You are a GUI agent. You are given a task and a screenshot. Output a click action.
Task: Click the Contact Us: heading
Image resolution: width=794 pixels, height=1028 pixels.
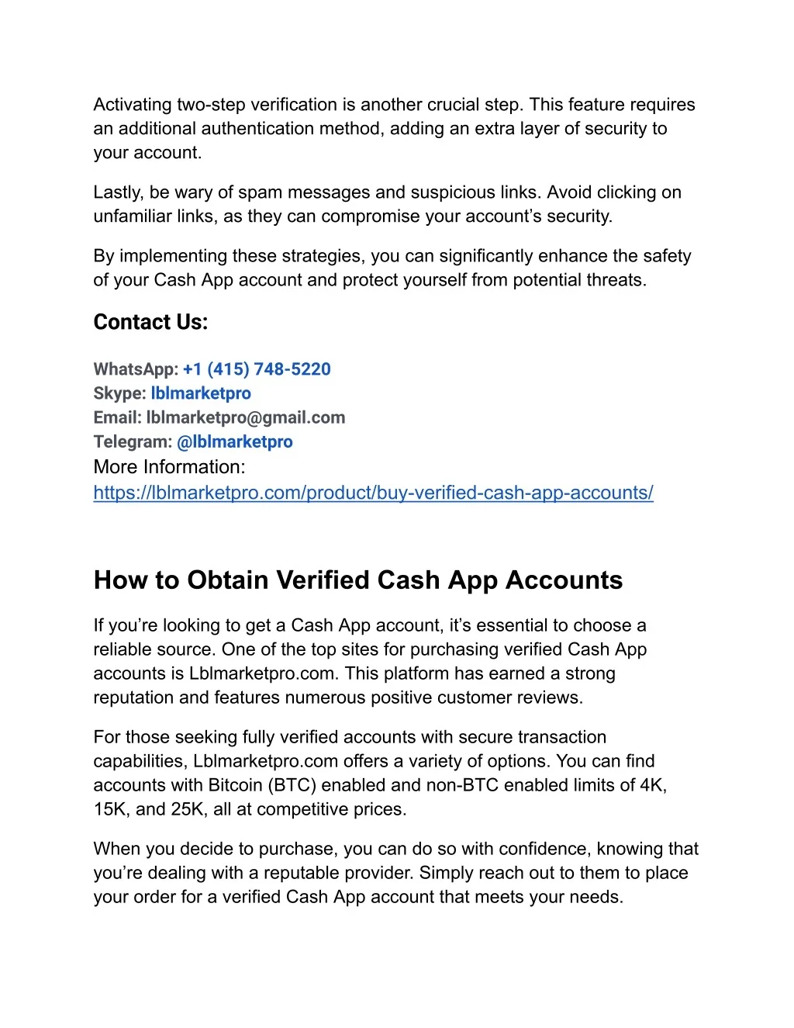(150, 322)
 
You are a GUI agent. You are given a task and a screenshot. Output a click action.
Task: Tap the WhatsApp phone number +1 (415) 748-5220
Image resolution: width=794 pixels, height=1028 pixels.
(257, 369)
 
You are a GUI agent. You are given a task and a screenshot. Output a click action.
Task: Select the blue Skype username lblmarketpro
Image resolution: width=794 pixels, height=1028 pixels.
(201, 393)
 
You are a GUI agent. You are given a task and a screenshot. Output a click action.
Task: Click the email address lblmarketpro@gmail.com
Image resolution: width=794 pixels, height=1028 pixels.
(246, 417)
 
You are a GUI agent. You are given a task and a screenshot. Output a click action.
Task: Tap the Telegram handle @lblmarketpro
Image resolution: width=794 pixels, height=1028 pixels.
(235, 441)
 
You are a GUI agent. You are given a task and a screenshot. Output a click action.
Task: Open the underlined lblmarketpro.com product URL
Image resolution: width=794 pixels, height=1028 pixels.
(373, 493)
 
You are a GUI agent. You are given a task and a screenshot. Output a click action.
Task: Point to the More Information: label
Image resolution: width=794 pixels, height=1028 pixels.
(169, 467)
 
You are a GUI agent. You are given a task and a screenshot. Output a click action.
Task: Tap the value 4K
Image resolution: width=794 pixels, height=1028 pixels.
(652, 785)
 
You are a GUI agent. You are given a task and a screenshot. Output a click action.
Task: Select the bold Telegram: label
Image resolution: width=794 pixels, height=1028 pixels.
(133, 441)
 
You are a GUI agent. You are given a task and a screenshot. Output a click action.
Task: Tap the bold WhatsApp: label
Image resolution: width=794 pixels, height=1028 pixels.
(136, 369)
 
